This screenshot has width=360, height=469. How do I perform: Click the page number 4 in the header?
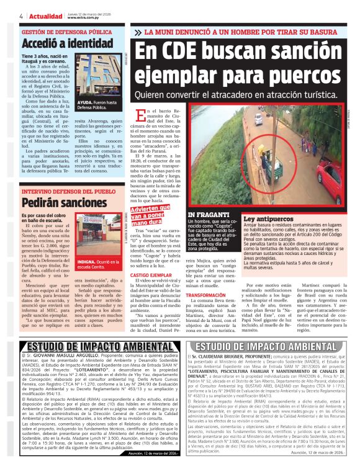[x=4, y=16]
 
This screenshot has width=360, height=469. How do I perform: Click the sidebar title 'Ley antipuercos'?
[x=269, y=220]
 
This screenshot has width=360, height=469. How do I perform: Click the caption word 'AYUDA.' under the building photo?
[x=86, y=102]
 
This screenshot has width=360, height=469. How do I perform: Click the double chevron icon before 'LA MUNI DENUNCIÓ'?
[x=138, y=32]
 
